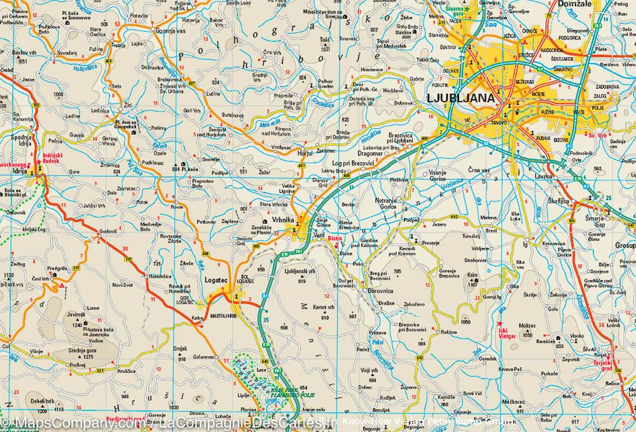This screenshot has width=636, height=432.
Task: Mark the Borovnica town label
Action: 384,290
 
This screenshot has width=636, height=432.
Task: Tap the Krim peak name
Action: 472,276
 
